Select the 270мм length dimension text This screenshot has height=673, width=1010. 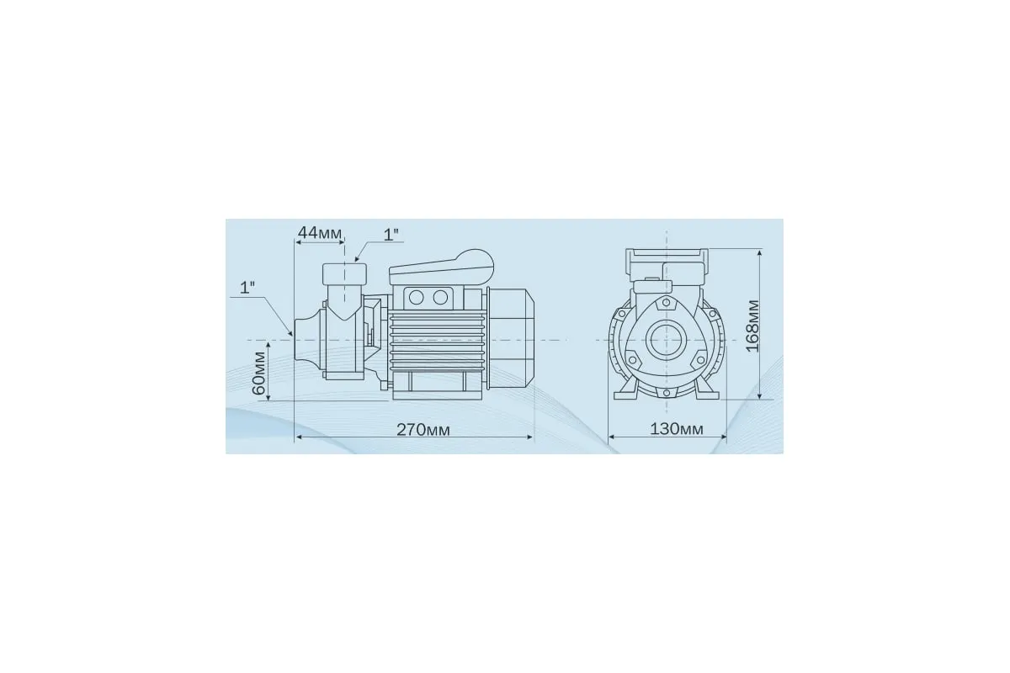423,430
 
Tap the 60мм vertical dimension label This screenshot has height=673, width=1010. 259,373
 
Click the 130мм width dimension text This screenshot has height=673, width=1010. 677,429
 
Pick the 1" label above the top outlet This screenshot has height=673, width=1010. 391,235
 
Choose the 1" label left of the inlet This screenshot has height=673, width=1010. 247,288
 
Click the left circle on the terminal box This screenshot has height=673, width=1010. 416,298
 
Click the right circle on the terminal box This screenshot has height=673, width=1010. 440,298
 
